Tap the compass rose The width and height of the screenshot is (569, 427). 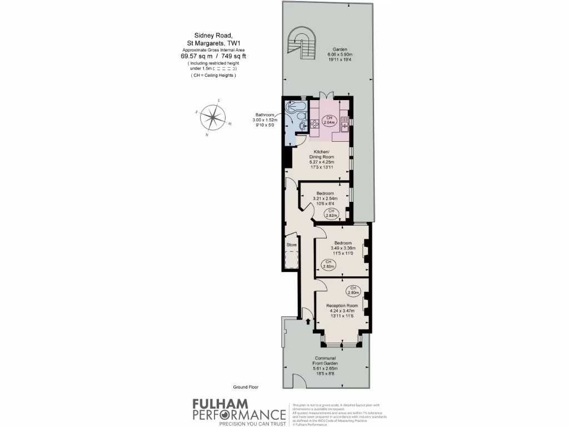(212, 118)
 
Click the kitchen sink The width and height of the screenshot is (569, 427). (345, 128)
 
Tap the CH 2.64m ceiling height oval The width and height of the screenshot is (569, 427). (329, 121)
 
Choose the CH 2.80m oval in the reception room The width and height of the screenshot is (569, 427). (352, 290)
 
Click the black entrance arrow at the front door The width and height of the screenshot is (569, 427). (307, 321)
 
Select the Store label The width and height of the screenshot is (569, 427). (291, 245)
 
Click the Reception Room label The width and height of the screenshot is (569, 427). (342, 306)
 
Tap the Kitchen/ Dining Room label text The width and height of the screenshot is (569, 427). (322, 155)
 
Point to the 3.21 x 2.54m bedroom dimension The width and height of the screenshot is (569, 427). (327, 198)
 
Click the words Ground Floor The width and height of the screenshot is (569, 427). (246, 386)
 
